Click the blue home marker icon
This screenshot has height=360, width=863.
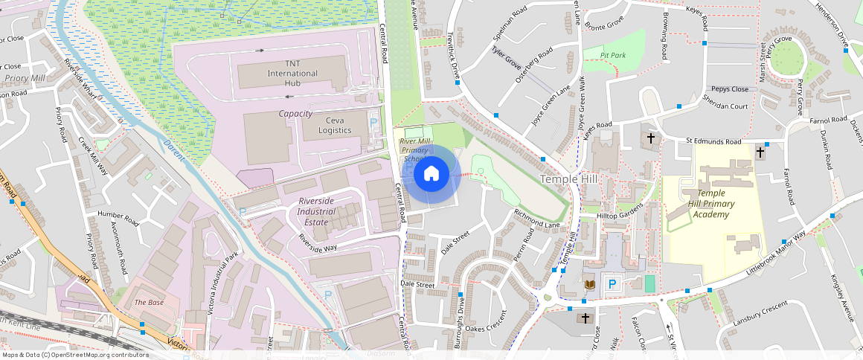click(431, 174)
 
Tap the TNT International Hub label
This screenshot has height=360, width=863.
click(292, 74)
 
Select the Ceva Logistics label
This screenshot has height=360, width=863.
click(335, 125)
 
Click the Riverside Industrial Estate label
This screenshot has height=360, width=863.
click(323, 212)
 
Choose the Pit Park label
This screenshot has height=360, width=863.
click(614, 55)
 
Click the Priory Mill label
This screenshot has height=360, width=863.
click(25, 78)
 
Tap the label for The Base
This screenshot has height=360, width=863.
click(149, 303)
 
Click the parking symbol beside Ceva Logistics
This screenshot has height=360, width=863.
click(373, 122)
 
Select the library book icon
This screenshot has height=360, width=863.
click(590, 284)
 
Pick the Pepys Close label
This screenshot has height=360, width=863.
click(729, 89)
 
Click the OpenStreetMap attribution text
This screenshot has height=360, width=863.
click(74, 355)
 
